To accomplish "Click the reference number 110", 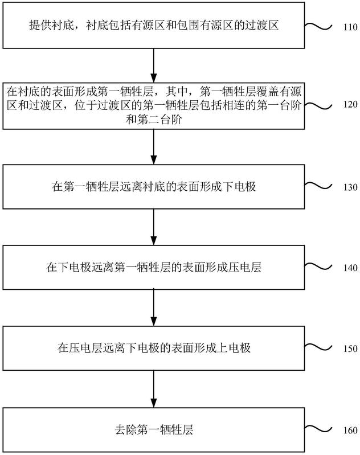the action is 350,27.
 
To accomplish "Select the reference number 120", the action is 350,104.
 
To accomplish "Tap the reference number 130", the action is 350,187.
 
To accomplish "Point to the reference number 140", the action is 350,268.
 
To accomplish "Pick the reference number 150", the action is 350,349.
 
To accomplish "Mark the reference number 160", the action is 350,430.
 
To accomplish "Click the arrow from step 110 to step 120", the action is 154,65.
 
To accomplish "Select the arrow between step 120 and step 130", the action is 154,147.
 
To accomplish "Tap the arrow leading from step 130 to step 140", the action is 154,227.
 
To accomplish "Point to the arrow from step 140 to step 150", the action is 154,308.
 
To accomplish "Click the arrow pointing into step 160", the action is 154,389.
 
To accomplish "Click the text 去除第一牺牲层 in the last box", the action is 154,430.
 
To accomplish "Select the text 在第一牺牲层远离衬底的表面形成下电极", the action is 154,187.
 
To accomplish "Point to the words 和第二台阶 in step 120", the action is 154,119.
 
